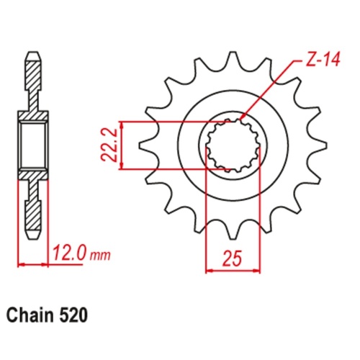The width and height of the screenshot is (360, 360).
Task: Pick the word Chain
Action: (x=31, y=315)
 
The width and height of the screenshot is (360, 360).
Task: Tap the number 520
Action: (x=75, y=315)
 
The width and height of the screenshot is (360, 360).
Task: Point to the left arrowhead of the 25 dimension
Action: (x=210, y=271)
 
